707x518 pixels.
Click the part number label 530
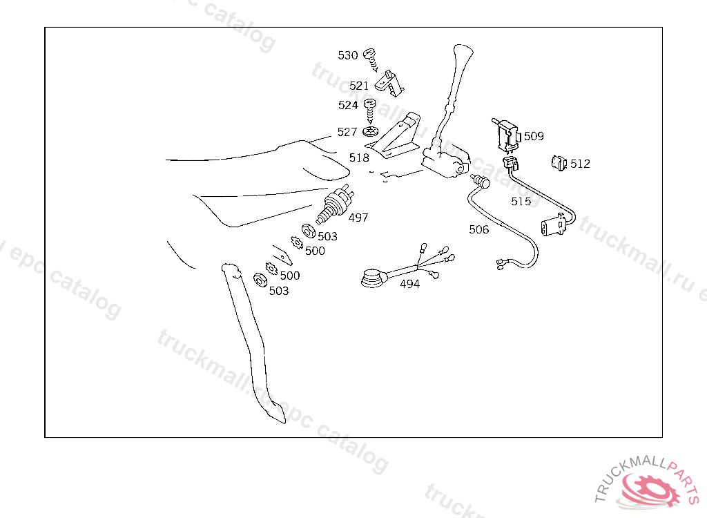pyautogui.click(x=348, y=55)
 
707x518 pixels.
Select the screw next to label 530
pyautogui.click(x=371, y=60)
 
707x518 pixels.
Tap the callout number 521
pyautogui.click(x=359, y=85)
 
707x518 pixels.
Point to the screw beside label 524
pyautogui.click(x=370, y=111)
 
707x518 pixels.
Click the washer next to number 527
pyautogui.click(x=370, y=132)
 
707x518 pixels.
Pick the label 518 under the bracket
pyautogui.click(x=359, y=157)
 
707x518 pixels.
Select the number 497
pyautogui.click(x=358, y=218)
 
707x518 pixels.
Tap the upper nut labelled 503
pyautogui.click(x=309, y=231)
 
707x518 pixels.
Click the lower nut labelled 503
pyautogui.click(x=260, y=279)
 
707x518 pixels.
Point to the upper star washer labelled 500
pyautogui.click(x=297, y=242)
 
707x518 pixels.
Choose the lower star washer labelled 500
pyautogui.click(x=271, y=269)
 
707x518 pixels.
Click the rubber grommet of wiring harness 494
pyautogui.click(x=373, y=278)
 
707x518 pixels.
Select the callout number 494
pyautogui.click(x=410, y=284)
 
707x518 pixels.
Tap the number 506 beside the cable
pyautogui.click(x=479, y=229)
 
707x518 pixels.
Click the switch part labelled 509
pyautogui.click(x=506, y=134)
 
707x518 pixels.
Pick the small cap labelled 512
pyautogui.click(x=559, y=162)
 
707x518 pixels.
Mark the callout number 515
pyautogui.click(x=521, y=201)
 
